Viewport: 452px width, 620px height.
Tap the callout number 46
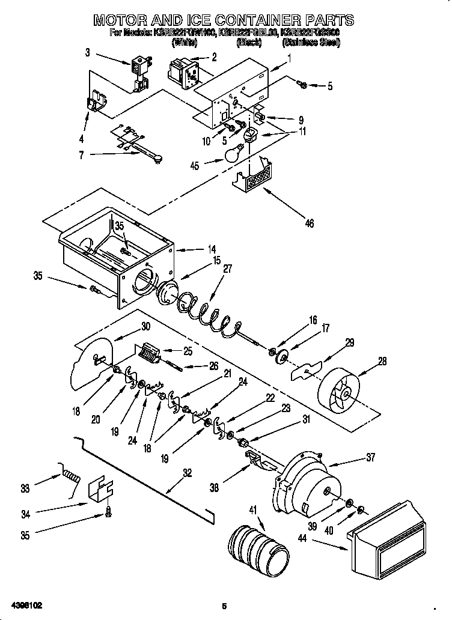pos(309,224)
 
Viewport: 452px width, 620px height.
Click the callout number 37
pos(370,458)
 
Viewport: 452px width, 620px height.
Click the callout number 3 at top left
pos(88,53)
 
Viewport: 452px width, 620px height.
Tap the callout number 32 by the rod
pos(188,473)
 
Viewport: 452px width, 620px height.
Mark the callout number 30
pos(145,327)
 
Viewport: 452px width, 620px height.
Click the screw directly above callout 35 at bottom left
pos(109,512)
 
